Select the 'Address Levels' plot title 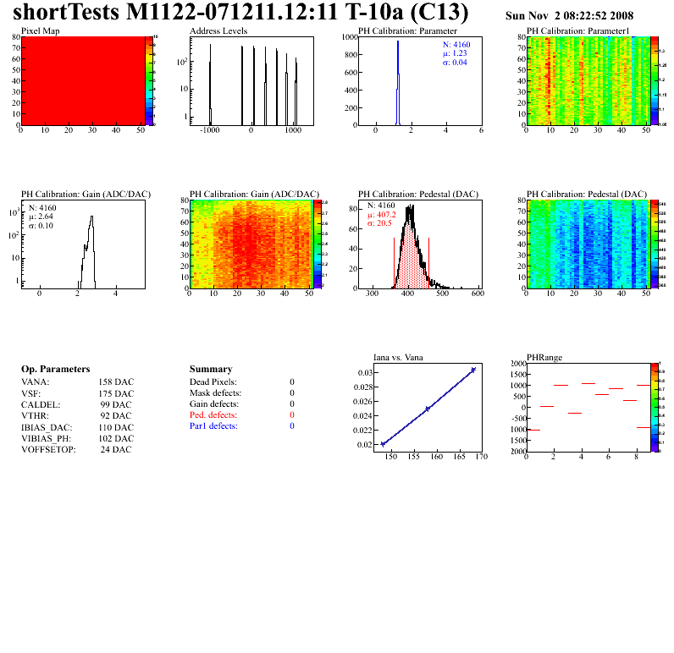pyautogui.click(x=218, y=30)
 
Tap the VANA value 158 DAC pyautogui.click(x=116, y=382)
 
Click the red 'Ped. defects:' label pyautogui.click(x=213, y=415)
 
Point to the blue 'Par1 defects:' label pyautogui.click(x=213, y=426)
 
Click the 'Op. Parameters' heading pyautogui.click(x=55, y=370)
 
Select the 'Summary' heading pyautogui.click(x=211, y=370)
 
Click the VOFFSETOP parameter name pyautogui.click(x=47, y=449)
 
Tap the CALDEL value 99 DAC pyautogui.click(x=116, y=404)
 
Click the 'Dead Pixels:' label pyautogui.click(x=213, y=382)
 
